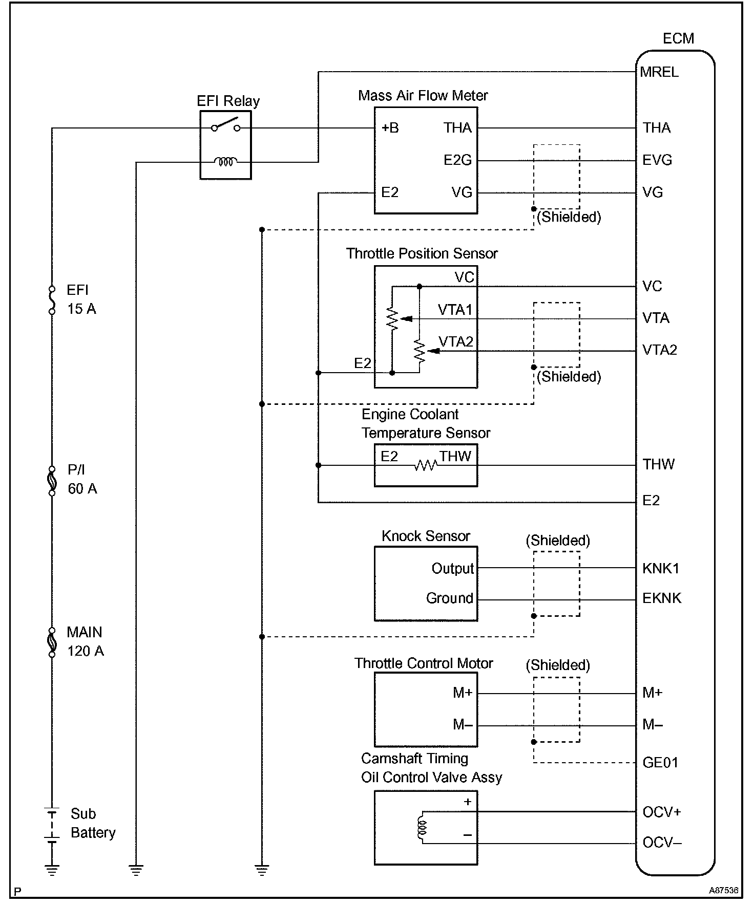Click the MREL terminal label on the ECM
pyautogui.click(x=659, y=72)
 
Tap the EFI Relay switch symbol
pyautogui.click(x=226, y=125)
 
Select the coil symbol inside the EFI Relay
pyautogui.click(x=225, y=162)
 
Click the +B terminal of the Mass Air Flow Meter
pyautogui.click(x=390, y=128)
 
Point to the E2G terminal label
pyautogui.click(x=457, y=160)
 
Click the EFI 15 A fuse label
pyautogui.click(x=81, y=299)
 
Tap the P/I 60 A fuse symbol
pyautogui.click(x=52, y=481)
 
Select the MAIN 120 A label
pyautogui.click(x=85, y=641)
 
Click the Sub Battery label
pyautogui.click(x=93, y=823)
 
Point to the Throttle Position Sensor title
pyautogui.click(x=422, y=254)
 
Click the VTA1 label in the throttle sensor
pyautogui.click(x=455, y=310)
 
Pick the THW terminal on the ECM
pyautogui.click(x=659, y=464)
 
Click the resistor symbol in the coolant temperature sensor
pyautogui.click(x=425, y=465)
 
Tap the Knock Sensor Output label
pyautogui.click(x=453, y=568)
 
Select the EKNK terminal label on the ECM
pyautogui.click(x=662, y=598)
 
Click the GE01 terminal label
pyautogui.click(x=660, y=763)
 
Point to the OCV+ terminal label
pyautogui.click(x=662, y=812)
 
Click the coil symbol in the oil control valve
pyautogui.click(x=422, y=827)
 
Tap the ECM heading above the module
pyautogui.click(x=678, y=39)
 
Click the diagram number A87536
pyautogui.click(x=724, y=891)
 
